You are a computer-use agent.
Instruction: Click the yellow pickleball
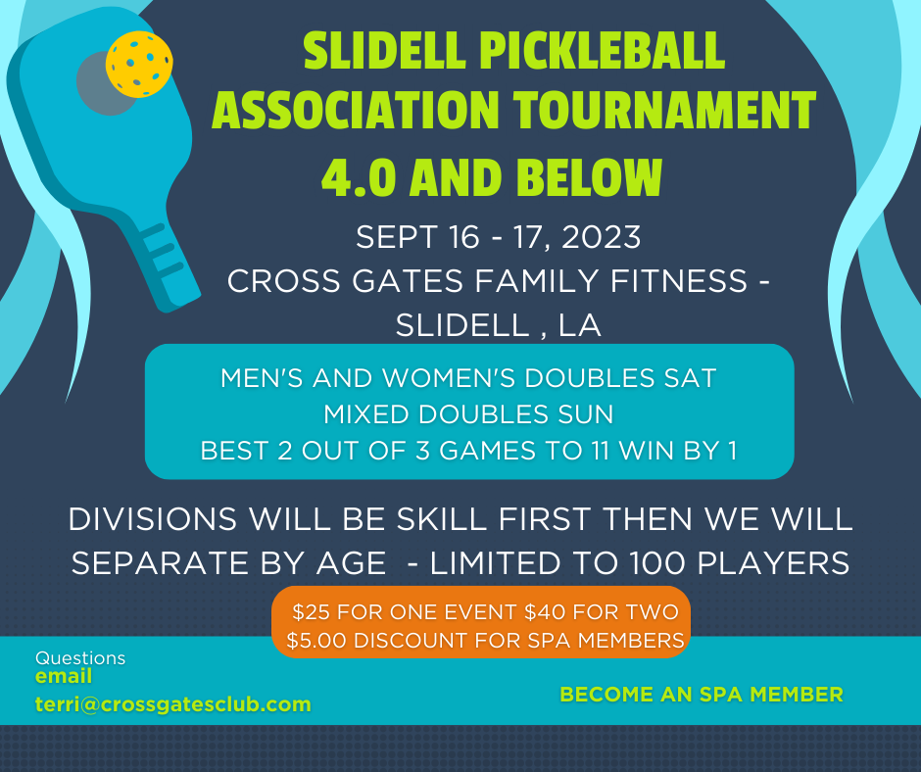tap(140, 64)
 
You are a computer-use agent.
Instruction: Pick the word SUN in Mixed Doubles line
tap(588, 414)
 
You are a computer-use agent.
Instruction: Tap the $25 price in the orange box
tap(312, 613)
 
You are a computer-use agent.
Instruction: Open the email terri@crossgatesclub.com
tap(173, 704)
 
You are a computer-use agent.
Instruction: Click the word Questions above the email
tap(80, 658)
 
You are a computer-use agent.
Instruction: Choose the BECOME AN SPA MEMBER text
tap(701, 695)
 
